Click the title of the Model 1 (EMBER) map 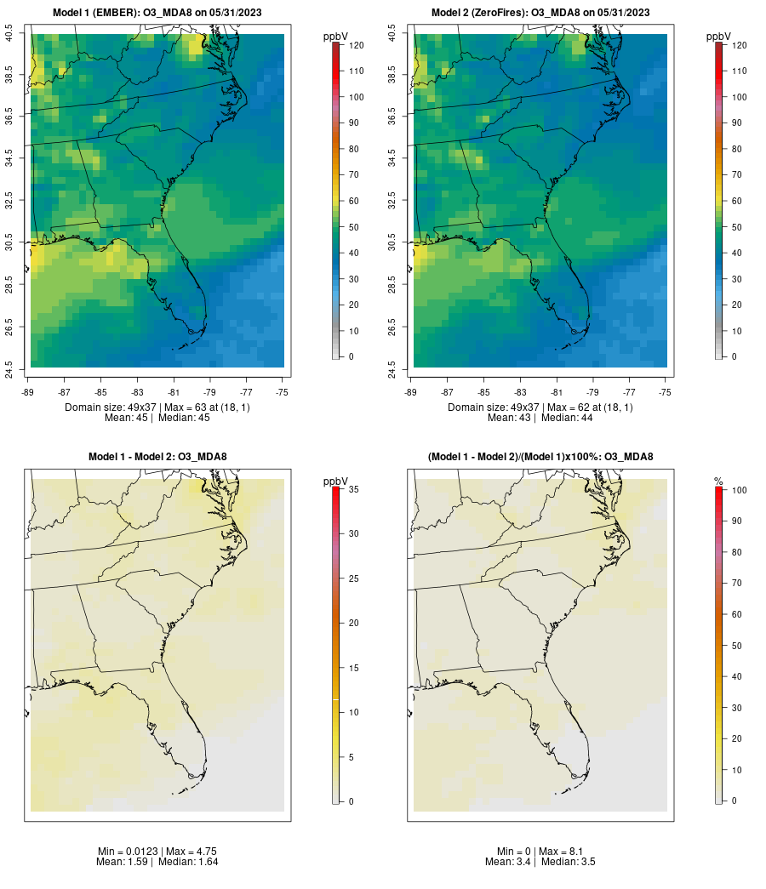[157, 13]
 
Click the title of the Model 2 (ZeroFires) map [540, 13]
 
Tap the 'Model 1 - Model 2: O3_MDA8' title [157, 457]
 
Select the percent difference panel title [540, 457]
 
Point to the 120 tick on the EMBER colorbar [357, 45]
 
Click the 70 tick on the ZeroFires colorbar [740, 174]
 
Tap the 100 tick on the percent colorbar [740, 489]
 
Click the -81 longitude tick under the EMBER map [174, 392]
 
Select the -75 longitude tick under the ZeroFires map [666, 392]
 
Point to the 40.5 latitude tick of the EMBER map [9, 34]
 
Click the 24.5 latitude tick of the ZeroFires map [392, 368]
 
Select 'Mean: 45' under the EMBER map [127, 418]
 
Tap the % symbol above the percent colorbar [718, 482]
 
